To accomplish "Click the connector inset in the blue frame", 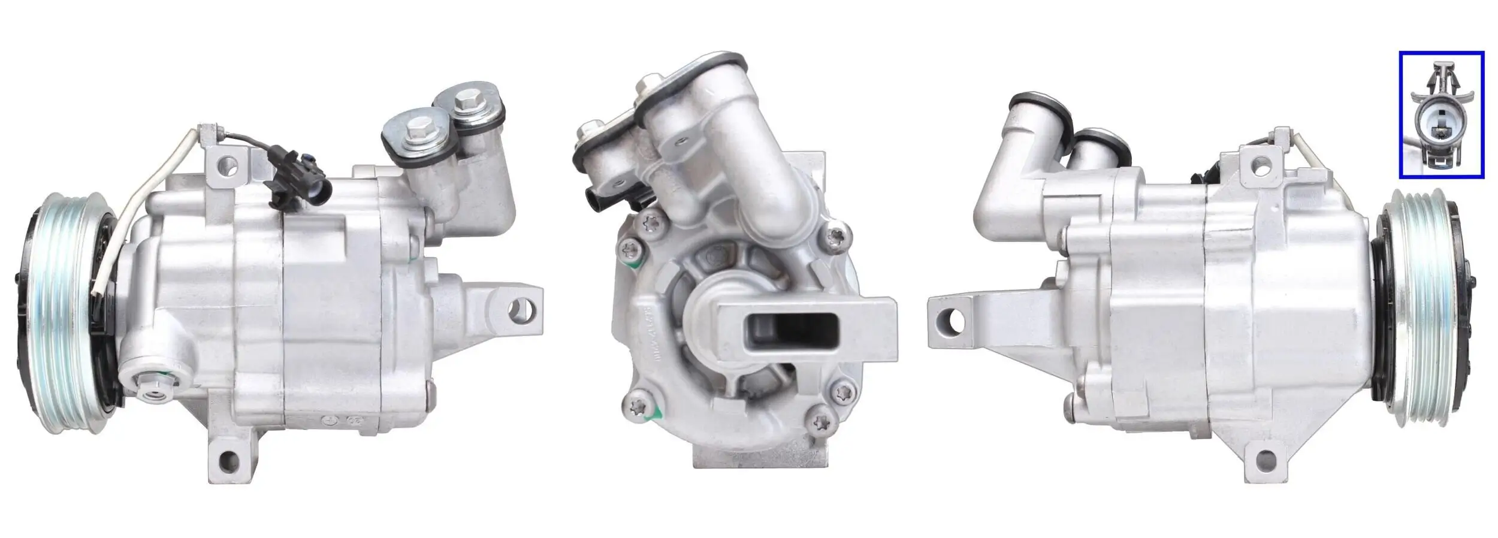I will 1441,114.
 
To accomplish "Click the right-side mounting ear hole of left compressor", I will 517,310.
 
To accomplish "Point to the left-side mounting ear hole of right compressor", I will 955,322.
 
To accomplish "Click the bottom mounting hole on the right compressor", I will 1264,460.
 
